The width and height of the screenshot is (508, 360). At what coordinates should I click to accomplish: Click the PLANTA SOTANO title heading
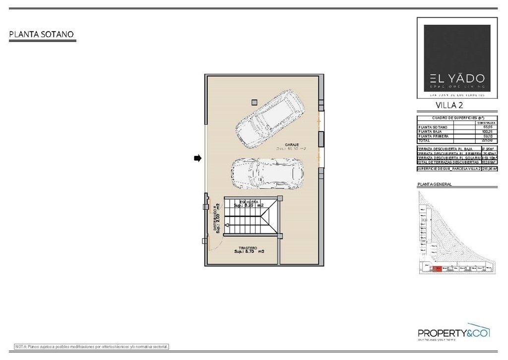click(x=42, y=34)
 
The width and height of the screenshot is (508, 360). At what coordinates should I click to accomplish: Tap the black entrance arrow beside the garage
click(x=197, y=158)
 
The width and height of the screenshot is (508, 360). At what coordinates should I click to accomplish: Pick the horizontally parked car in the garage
click(x=267, y=174)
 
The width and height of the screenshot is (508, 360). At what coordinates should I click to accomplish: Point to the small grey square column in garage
click(x=254, y=102)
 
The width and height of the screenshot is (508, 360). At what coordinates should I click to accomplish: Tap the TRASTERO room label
click(x=248, y=248)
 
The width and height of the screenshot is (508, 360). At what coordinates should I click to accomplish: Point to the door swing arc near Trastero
click(x=210, y=243)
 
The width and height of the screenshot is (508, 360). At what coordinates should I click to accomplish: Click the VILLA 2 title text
click(x=449, y=105)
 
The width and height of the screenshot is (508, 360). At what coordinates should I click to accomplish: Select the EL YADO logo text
click(x=450, y=78)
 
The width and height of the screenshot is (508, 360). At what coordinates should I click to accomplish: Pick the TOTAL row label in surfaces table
click(x=425, y=141)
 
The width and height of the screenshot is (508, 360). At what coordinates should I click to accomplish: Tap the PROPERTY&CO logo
click(x=453, y=333)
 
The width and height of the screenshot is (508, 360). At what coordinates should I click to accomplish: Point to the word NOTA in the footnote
click(x=21, y=346)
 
